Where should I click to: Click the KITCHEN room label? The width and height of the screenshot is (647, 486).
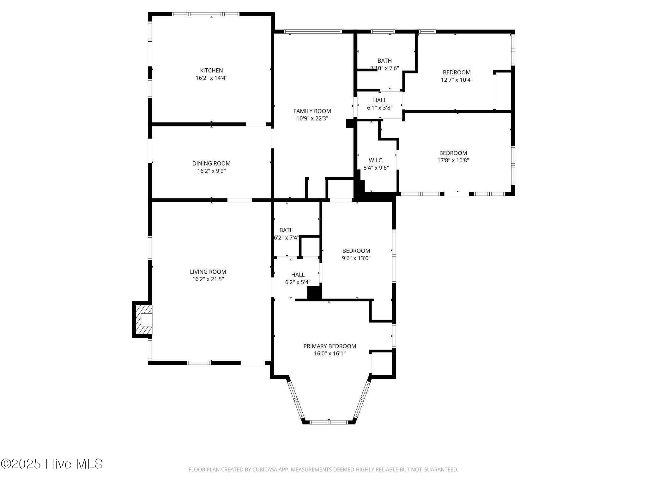211,71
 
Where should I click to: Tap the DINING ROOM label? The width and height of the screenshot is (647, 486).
211,164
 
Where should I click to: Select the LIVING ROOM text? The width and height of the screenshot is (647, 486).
208,272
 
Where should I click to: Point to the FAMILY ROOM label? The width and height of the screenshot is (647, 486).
312,111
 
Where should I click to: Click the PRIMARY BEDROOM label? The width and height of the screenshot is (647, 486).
330,346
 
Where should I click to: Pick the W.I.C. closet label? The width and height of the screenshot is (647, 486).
376,160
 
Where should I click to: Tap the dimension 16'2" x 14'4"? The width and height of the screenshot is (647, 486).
211,78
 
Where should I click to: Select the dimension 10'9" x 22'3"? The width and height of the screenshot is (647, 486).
312,119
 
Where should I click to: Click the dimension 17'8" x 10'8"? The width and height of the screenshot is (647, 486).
453,160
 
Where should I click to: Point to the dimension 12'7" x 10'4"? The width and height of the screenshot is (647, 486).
457,80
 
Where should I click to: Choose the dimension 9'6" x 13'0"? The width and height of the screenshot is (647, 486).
356,258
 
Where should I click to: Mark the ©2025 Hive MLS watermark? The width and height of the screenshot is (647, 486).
52,464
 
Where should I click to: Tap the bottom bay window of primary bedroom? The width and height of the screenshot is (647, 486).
329,422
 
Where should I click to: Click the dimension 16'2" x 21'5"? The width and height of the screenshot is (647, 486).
208,279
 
